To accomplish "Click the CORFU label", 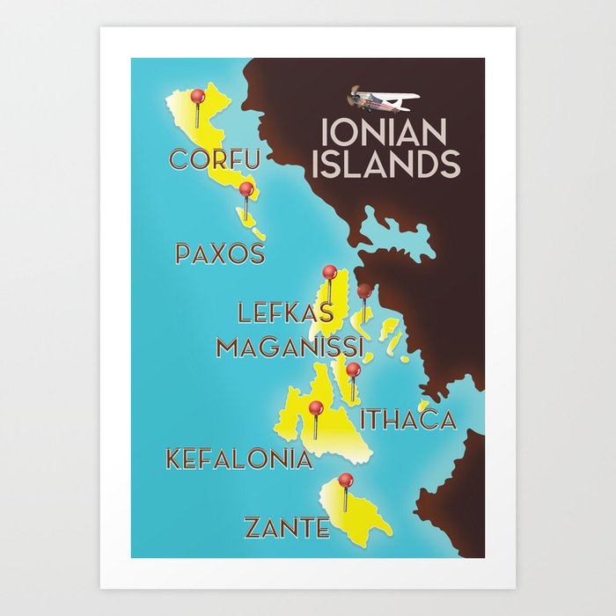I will (x=215, y=159).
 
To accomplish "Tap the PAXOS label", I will (x=220, y=253).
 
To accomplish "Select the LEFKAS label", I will (x=286, y=312).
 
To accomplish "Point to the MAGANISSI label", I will (x=290, y=346).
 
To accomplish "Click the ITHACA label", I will (x=408, y=420).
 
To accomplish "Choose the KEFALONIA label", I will (x=239, y=458).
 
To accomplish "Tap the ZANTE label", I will (x=287, y=528).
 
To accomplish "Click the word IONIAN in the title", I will (x=384, y=133).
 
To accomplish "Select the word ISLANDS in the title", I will (x=387, y=164).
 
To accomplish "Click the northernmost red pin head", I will (x=197, y=95).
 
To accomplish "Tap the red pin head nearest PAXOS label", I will (x=246, y=188).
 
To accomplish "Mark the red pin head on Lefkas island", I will (x=330, y=272).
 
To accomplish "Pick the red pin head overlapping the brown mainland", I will (x=364, y=290).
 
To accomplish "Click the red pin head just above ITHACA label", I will (x=353, y=370).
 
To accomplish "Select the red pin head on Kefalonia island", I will (x=316, y=407).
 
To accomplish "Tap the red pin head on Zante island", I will (x=346, y=480).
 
